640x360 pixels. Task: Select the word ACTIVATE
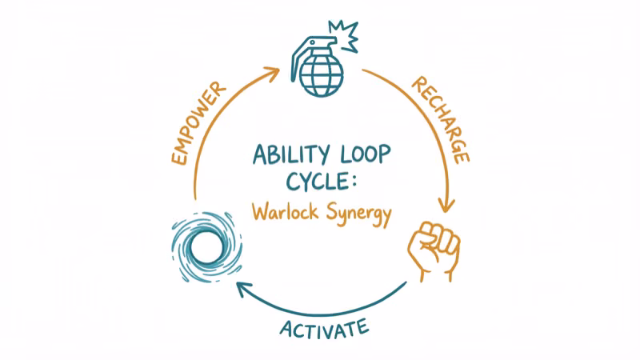click(324, 328)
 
